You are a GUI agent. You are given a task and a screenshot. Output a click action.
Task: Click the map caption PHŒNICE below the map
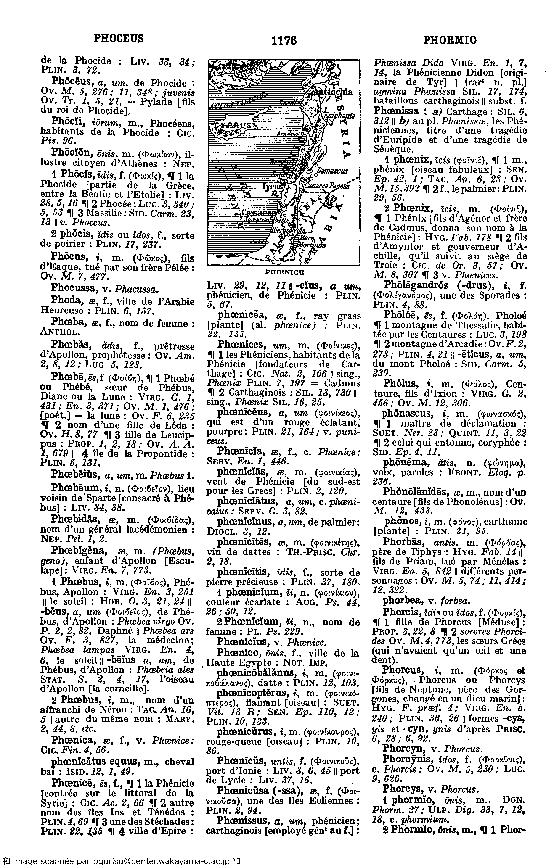pyautogui.click(x=284, y=272)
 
